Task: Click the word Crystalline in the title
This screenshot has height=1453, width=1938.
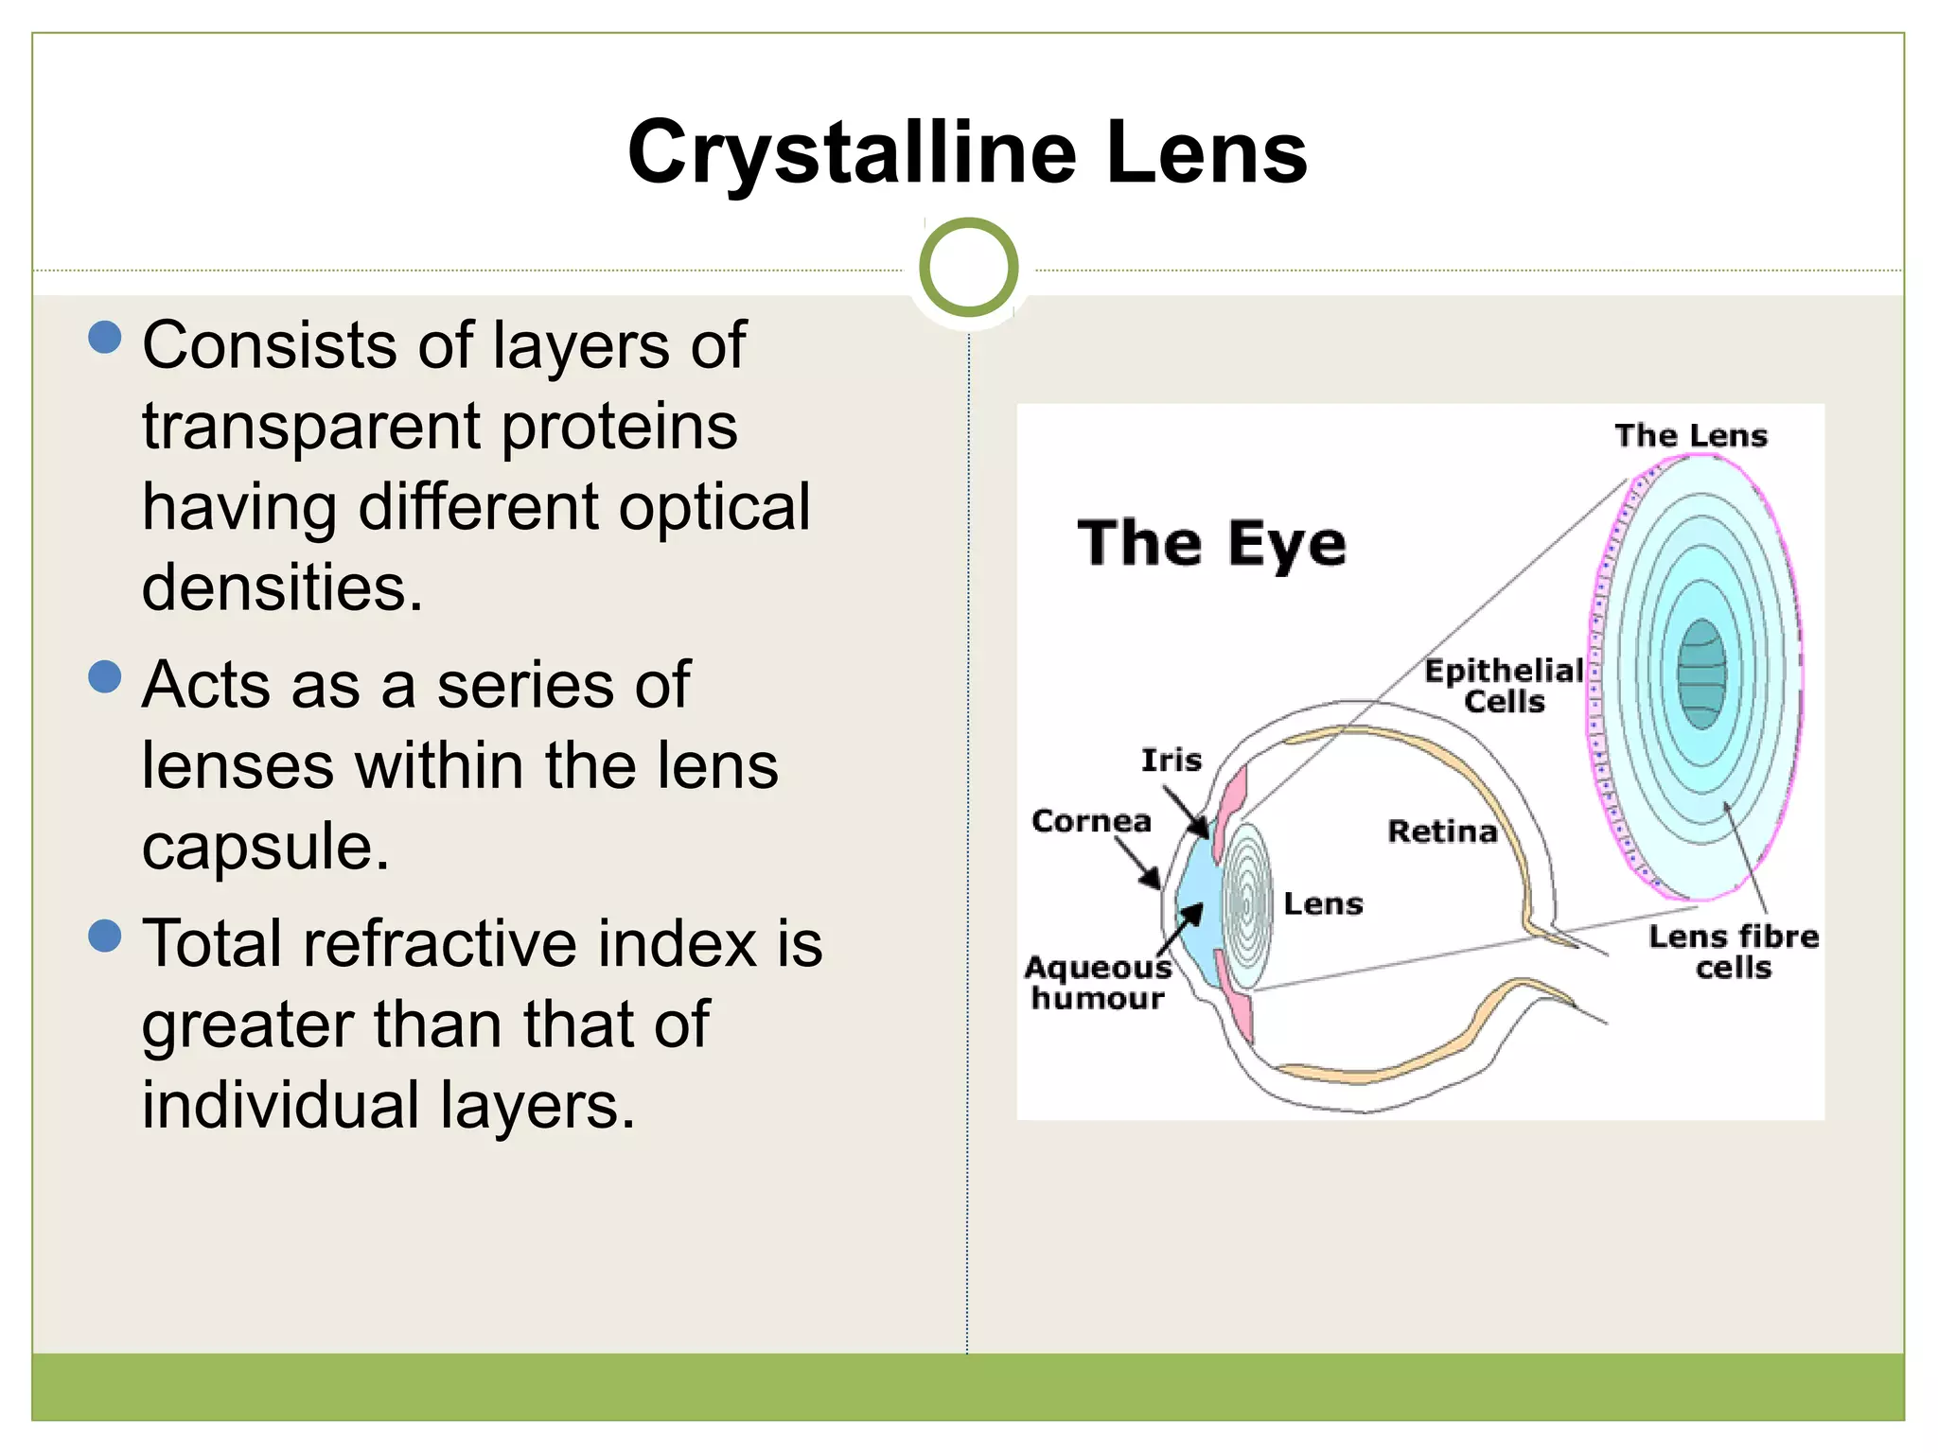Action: click(852, 153)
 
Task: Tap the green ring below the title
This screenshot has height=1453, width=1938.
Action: click(968, 268)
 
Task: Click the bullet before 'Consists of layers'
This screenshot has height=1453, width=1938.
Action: click(105, 337)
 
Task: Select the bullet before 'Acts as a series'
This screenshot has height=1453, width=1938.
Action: click(105, 676)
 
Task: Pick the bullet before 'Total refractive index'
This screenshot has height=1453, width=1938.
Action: click(105, 936)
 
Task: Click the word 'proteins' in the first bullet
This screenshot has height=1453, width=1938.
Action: click(619, 428)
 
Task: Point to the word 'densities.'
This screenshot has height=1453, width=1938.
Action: click(282, 588)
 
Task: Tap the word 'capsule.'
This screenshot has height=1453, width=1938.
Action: click(265, 846)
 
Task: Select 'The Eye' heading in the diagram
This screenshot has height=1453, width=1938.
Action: click(1211, 544)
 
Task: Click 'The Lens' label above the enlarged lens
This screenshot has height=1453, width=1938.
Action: click(1690, 436)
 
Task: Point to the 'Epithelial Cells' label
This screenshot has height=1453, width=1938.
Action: click(1504, 686)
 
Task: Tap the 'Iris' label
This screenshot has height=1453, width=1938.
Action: click(1171, 760)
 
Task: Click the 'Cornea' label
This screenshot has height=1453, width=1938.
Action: click(1091, 821)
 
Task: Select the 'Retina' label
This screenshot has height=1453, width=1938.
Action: click(1442, 832)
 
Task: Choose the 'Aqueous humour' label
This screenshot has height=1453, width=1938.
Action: click(1098, 983)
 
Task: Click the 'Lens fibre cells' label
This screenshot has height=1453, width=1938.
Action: click(1733, 952)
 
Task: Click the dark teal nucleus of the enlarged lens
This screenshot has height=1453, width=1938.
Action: click(1701, 674)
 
